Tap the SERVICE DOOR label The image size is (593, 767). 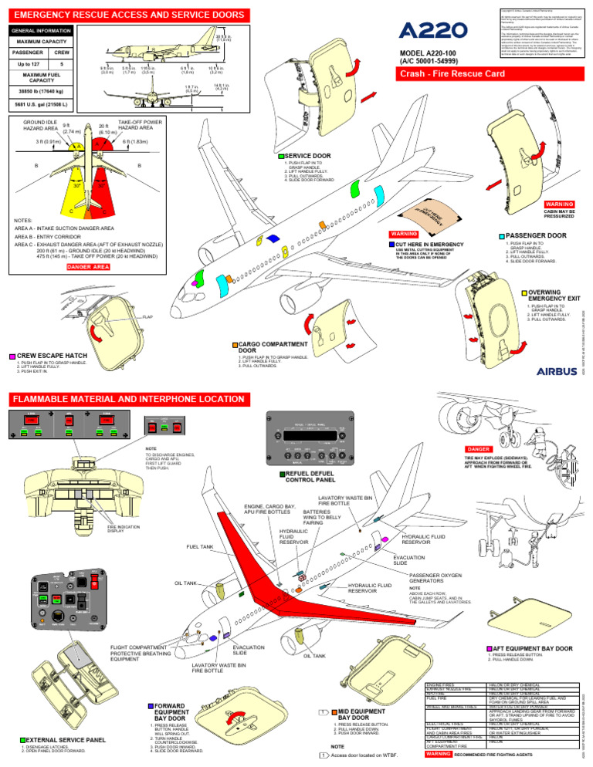(309, 156)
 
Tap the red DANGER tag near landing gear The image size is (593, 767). (474, 448)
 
